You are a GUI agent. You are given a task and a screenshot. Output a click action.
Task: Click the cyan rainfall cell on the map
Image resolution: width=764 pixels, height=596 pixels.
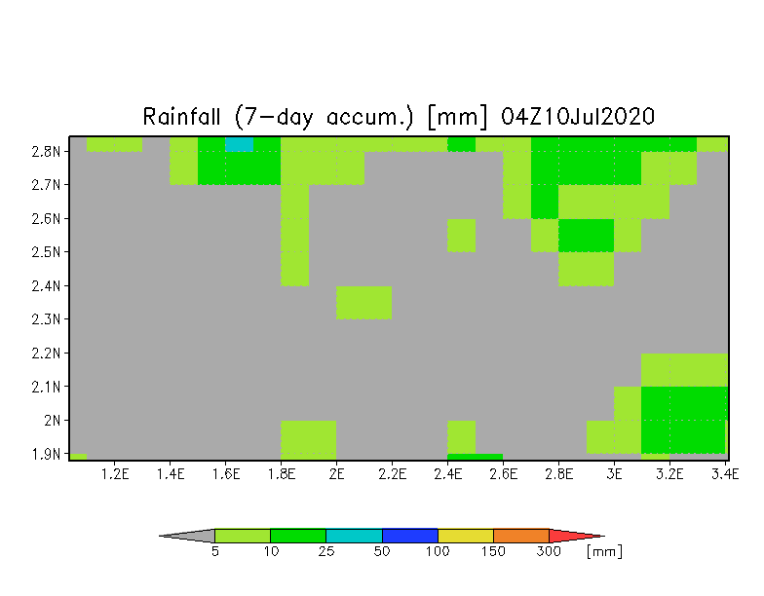coord(239,144)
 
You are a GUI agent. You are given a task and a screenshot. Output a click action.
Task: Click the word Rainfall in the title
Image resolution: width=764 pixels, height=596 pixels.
coord(181,117)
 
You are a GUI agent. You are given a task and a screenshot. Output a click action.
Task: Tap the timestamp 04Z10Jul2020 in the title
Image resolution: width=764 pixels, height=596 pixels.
coord(577,117)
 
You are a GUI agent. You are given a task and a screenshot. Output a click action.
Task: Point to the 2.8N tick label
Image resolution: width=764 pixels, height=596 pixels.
coord(47,152)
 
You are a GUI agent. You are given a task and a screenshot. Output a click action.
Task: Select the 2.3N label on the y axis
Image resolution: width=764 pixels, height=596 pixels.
coord(47,319)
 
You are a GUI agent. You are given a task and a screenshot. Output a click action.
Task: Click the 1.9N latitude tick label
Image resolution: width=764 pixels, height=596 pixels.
coord(47,454)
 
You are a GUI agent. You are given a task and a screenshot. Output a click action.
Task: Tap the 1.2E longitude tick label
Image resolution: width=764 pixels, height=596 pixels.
coord(115,473)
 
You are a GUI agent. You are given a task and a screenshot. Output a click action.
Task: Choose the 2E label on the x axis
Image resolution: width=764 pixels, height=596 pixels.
coord(337,473)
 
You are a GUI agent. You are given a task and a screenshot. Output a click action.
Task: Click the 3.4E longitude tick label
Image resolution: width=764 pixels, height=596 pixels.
coord(725,473)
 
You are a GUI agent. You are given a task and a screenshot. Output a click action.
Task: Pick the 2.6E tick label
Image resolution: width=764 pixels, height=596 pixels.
coord(503,473)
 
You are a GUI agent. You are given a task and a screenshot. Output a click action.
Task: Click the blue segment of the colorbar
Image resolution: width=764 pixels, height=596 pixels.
coord(409,536)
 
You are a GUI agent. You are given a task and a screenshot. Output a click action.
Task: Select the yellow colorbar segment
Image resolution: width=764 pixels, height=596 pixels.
coord(466,536)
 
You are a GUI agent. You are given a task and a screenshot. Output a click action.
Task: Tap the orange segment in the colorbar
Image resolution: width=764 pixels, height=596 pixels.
coord(520,536)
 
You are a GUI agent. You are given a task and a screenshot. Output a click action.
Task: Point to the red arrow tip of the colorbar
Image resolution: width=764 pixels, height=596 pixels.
coord(604,536)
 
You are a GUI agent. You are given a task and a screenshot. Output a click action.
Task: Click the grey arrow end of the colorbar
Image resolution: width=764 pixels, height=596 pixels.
coord(160,536)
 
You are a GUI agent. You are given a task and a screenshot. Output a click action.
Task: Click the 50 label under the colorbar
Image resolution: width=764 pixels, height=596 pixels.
coord(382,551)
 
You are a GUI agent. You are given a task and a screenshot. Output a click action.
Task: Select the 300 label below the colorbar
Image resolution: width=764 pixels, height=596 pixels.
coord(549,551)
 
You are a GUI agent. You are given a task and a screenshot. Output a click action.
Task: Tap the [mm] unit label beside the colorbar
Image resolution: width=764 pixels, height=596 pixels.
coord(604,551)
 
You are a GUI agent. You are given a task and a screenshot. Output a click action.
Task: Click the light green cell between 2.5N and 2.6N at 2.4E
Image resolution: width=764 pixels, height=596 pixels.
coord(462,236)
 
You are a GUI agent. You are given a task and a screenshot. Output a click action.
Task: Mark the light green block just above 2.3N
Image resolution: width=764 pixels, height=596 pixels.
coord(364,302)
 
